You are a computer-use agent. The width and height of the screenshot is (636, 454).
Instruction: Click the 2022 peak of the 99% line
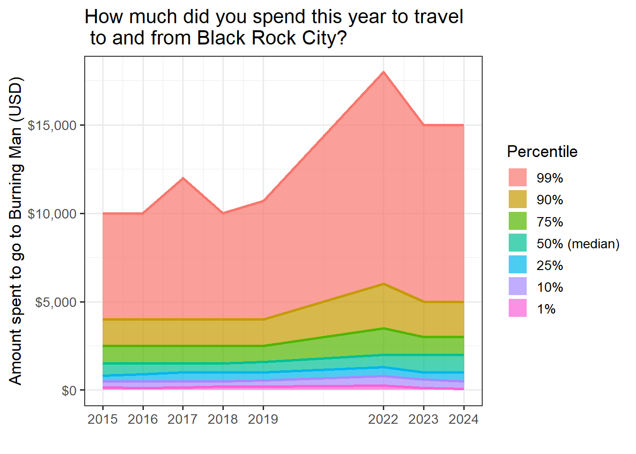click(x=383, y=72)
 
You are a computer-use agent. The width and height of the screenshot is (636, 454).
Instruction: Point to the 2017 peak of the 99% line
click(x=183, y=178)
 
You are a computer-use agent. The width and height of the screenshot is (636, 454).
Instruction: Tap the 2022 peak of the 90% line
click(x=383, y=284)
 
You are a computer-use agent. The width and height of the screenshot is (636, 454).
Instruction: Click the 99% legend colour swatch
click(x=517, y=178)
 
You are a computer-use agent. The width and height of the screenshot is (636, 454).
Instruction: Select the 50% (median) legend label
click(x=578, y=244)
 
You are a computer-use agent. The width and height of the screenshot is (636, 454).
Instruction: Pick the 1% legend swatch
click(x=517, y=309)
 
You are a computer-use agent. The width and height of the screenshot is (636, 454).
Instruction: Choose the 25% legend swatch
click(x=517, y=265)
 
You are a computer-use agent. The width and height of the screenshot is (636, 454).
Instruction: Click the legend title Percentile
click(x=542, y=152)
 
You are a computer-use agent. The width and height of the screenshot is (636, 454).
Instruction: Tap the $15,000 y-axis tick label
click(x=52, y=125)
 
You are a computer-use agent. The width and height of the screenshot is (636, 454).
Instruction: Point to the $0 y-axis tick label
click(x=69, y=391)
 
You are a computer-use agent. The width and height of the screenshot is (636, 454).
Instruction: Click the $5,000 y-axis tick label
click(x=55, y=302)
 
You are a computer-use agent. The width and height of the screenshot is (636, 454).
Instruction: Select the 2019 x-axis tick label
click(x=263, y=419)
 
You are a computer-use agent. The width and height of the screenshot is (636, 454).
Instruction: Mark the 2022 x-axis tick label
click(x=383, y=419)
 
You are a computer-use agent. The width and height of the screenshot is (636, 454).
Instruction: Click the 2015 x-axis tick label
click(x=103, y=419)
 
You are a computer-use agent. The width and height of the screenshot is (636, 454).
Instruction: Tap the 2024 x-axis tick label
click(x=463, y=419)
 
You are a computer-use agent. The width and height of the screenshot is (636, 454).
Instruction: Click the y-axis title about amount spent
click(x=16, y=231)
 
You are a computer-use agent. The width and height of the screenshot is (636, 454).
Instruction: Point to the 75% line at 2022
click(x=383, y=328)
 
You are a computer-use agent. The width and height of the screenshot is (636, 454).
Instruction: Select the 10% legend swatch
click(x=517, y=287)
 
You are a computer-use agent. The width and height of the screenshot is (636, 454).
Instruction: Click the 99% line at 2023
click(x=424, y=125)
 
